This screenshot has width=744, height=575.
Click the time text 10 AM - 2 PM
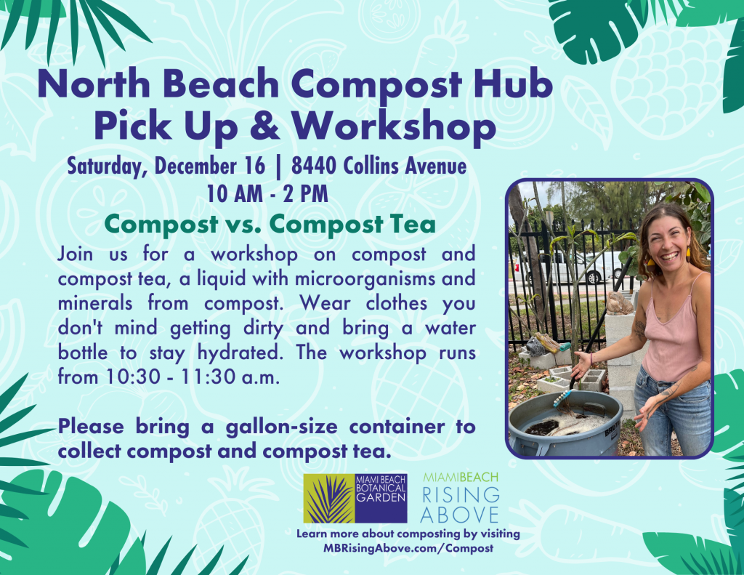coord(267,194)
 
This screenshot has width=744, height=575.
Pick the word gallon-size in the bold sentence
coord(280,426)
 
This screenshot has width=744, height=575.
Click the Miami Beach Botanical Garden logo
coord(355,498)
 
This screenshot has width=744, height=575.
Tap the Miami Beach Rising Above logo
coord(461,498)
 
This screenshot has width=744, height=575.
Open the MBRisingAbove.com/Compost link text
coord(408,548)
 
